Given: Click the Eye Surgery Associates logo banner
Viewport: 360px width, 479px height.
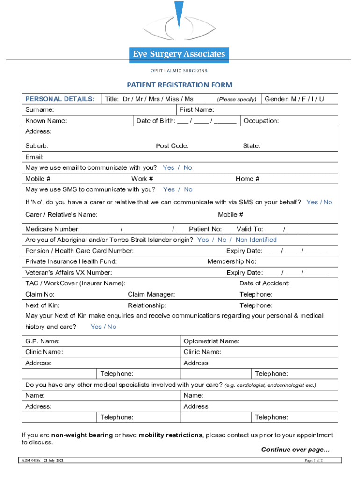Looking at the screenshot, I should coord(179,54).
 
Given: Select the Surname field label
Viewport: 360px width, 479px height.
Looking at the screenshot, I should coord(39,110).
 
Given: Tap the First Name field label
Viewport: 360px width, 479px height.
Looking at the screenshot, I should coord(196,110).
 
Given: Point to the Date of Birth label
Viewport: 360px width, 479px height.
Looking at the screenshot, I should coord(156,121).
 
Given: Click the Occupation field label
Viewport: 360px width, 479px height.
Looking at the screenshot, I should coord(261,121).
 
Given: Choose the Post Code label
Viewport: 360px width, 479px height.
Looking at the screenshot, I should coord(172,146).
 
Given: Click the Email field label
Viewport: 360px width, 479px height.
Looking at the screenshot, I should coord(34,157).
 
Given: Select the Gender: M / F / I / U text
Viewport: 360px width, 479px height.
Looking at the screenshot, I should coord(294,99).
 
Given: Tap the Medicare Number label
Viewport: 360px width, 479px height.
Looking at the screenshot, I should coord(52,229).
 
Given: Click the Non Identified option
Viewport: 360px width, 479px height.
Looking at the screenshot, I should coord(256,239).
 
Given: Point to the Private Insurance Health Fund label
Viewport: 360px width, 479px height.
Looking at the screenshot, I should coord(71,261).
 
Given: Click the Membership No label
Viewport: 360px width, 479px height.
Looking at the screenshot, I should coord(232,261).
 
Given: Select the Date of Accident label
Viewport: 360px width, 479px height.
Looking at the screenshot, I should coord(264,283).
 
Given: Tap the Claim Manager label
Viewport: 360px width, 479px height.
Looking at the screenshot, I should coord(151,294).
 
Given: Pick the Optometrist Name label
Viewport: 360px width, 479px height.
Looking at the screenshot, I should coord(211,341).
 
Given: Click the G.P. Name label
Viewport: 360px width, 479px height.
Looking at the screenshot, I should coord(42,341).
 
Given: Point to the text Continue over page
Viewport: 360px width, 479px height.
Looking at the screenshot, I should coord(295,450).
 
